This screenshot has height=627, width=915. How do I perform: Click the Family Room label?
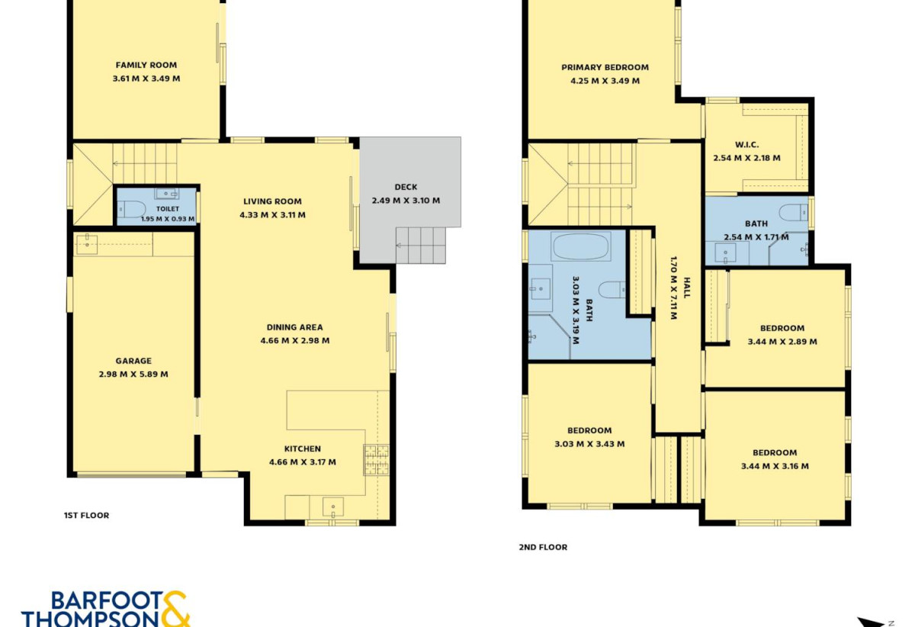(146, 65)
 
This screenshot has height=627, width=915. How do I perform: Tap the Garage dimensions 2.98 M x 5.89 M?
(133, 374)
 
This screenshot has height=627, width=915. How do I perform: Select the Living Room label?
(272, 201)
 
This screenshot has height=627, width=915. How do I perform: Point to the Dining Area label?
(294, 327)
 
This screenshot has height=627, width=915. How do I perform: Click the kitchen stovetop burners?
(376, 460)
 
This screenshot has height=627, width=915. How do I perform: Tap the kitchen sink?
(333, 507)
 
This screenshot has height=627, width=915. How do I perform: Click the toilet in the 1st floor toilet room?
(131, 210)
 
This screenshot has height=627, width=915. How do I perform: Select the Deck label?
(406, 187)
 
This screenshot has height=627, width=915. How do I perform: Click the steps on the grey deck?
(420, 246)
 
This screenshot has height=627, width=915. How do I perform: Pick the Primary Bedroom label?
(605, 67)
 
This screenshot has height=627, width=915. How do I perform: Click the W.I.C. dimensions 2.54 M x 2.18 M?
(746, 158)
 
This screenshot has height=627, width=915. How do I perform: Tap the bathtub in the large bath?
(581, 246)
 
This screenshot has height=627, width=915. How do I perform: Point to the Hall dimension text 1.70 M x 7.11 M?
(673, 288)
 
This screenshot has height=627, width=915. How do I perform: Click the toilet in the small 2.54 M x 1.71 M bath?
(793, 213)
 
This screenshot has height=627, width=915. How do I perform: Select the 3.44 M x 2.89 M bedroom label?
(782, 328)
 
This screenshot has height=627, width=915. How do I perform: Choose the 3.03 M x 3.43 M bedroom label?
(589, 430)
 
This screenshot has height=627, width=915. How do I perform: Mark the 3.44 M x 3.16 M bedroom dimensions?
(775, 466)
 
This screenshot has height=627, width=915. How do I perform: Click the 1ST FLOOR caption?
(87, 516)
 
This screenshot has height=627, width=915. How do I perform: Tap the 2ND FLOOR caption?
(543, 547)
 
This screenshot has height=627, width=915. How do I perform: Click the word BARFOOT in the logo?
(107, 601)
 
